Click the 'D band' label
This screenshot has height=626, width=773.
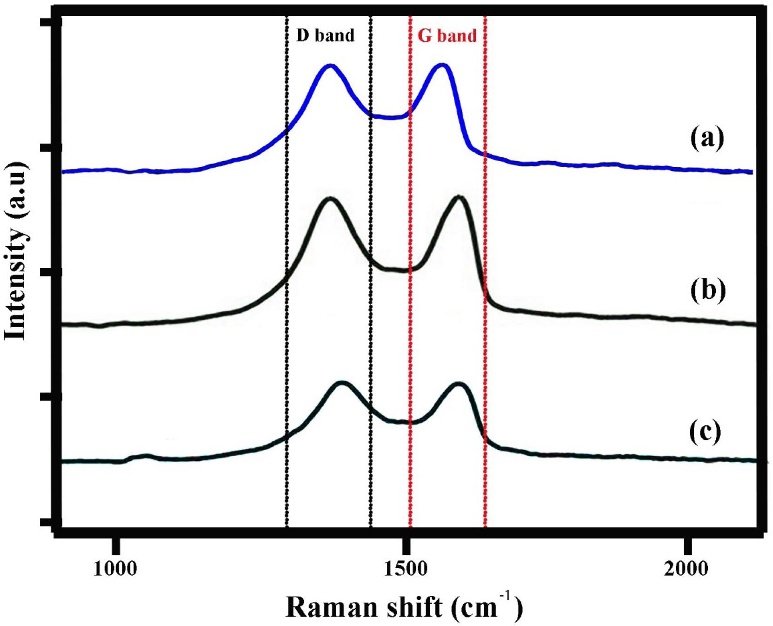(325, 35)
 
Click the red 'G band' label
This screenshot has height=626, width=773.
(447, 35)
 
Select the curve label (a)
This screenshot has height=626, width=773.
(707, 138)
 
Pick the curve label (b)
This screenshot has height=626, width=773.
(708, 290)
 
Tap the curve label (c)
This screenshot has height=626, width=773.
(705, 431)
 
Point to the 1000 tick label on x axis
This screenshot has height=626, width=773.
(115, 569)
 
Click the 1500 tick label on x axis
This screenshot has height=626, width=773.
(406, 569)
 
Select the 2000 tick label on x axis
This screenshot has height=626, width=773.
(686, 569)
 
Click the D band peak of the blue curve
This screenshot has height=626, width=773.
(330, 66)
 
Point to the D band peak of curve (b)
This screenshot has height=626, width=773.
(330, 199)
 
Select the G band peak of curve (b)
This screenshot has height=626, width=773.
(459, 197)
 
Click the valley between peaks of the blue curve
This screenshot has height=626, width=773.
(391, 118)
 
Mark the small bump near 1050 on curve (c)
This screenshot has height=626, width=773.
(146, 456)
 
